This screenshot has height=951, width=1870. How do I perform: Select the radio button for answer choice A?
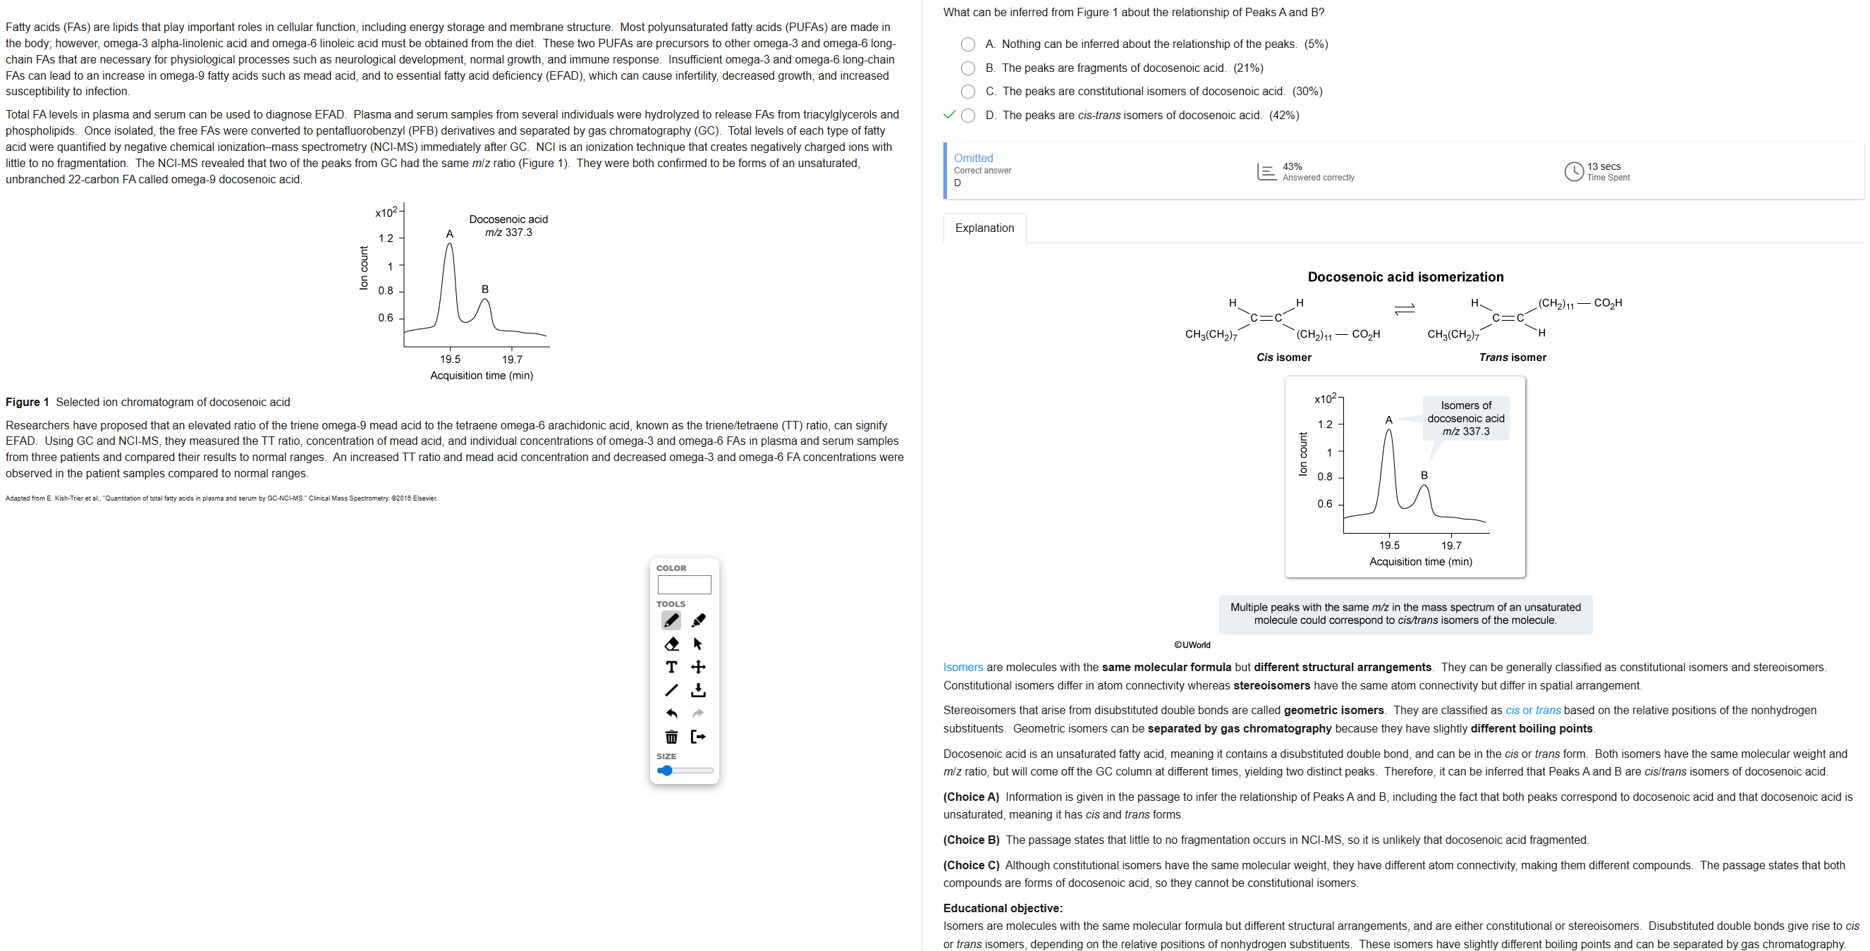click(x=967, y=44)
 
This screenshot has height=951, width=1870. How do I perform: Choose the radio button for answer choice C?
click(x=967, y=92)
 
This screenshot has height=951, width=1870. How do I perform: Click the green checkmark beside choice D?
click(x=949, y=115)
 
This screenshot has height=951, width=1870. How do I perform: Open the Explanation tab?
click(x=984, y=228)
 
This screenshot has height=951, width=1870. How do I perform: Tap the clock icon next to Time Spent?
click(x=1574, y=171)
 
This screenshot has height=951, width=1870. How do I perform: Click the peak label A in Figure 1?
click(x=449, y=234)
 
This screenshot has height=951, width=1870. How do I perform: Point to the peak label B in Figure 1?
click(x=485, y=290)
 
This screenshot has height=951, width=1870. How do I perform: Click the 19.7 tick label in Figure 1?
click(x=512, y=360)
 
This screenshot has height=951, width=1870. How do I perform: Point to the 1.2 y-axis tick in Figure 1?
click(x=386, y=238)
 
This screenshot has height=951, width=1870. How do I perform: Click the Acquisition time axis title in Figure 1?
click(x=482, y=375)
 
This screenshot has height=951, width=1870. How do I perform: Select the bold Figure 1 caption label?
click(x=28, y=402)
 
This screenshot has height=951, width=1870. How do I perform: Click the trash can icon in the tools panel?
click(x=671, y=737)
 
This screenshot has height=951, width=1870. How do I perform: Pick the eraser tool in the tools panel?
click(x=671, y=644)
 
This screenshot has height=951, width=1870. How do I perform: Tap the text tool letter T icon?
click(x=671, y=667)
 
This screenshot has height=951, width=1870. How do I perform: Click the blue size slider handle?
click(x=666, y=771)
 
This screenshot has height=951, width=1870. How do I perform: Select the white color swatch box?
click(x=684, y=584)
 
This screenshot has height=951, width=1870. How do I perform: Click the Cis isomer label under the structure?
click(x=1283, y=357)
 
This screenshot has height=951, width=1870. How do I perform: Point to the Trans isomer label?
click(x=1512, y=357)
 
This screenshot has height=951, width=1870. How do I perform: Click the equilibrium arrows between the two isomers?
click(x=1405, y=310)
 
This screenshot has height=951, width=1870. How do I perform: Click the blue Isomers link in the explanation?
click(x=963, y=667)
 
